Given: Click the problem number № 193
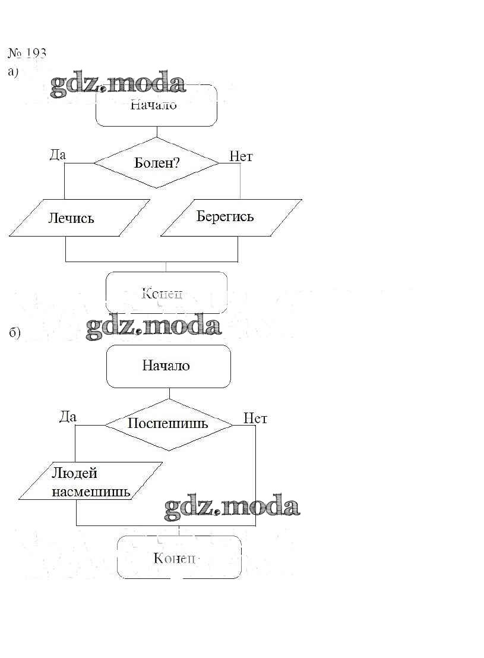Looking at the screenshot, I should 27,53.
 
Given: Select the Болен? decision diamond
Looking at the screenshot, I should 157,162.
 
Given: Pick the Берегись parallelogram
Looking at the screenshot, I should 230,217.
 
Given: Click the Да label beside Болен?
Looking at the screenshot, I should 58,155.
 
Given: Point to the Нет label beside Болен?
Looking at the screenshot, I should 241,156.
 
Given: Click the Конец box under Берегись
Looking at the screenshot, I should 166,292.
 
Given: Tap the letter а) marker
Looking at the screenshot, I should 14,72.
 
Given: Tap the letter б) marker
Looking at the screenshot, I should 15,333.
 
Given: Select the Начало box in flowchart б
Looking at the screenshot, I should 168,366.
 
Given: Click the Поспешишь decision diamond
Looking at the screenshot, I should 168,424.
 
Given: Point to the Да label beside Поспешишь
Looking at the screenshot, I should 68,417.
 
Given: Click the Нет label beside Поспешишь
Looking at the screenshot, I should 255,418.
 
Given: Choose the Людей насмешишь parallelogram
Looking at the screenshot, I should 90,481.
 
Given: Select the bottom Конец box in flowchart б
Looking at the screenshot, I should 179,558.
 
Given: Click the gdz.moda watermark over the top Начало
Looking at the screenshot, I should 118,86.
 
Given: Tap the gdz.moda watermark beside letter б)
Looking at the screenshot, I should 153,326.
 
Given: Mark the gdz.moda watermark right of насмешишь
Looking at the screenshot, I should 232,507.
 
